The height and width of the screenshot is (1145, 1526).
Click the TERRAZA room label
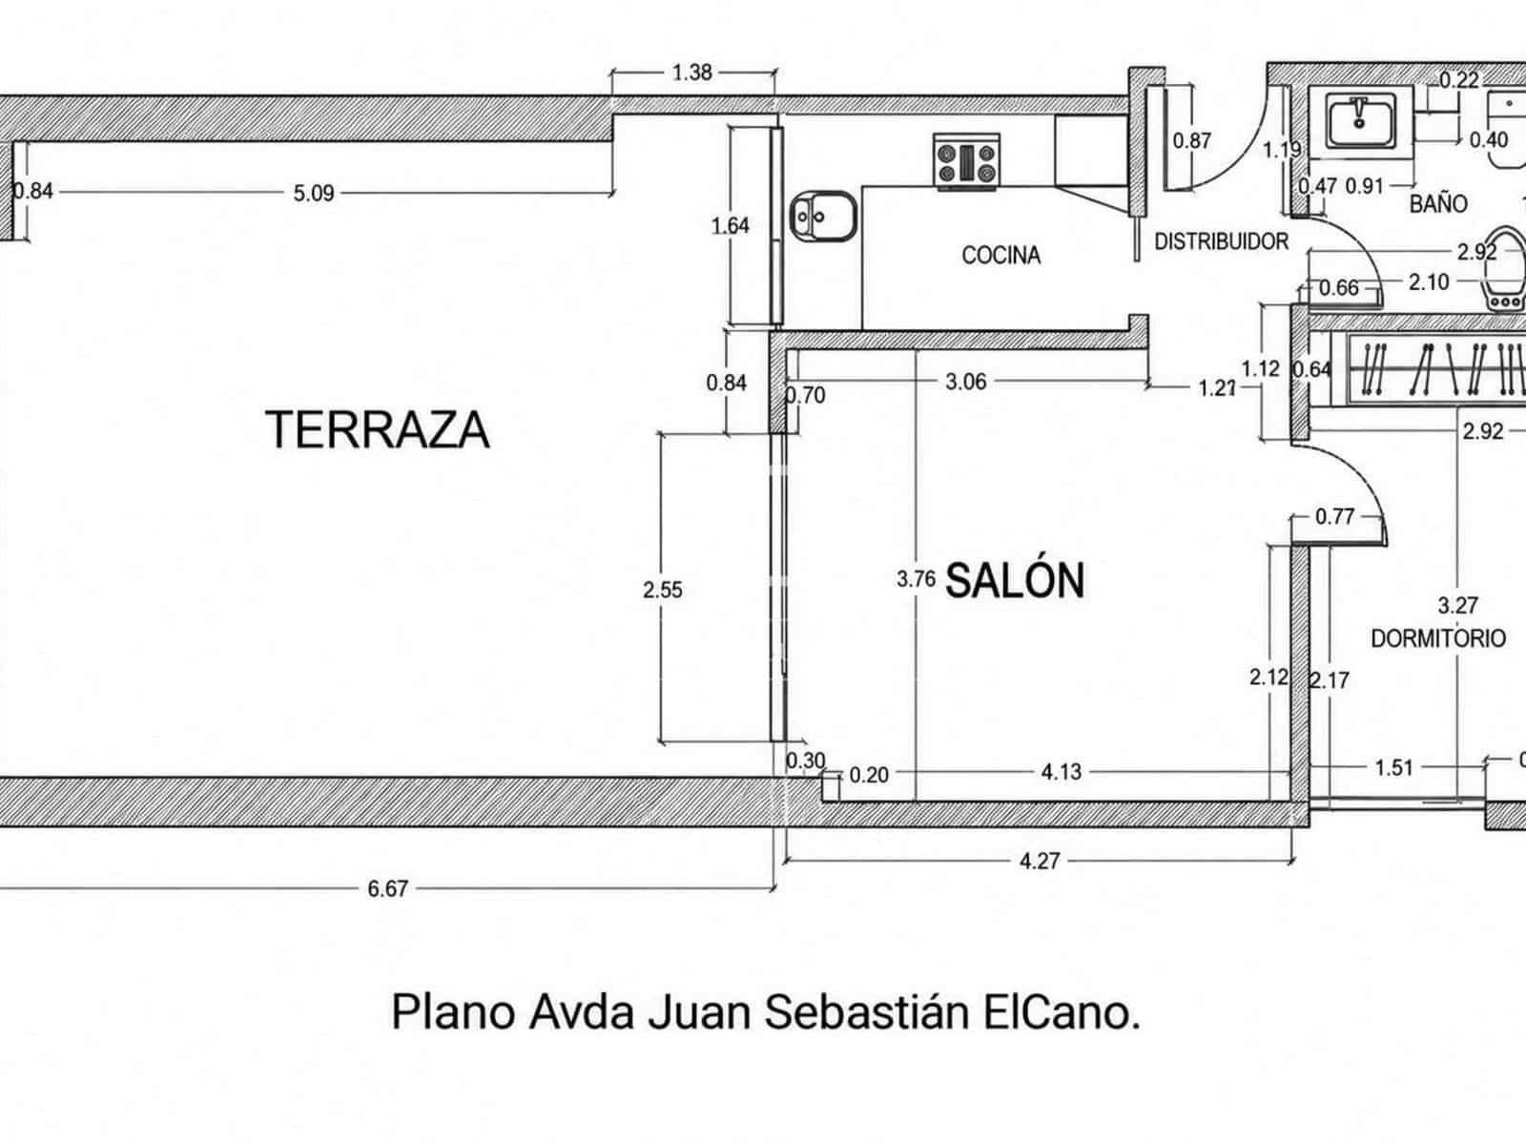pyautogui.click(x=378, y=429)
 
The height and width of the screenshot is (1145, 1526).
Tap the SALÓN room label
pyautogui.click(x=1015, y=580)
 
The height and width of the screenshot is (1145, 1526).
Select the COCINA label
pyautogui.click(x=1001, y=255)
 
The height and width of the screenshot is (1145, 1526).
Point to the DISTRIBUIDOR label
pyautogui.click(x=1222, y=241)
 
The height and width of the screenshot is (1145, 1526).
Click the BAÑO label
pyautogui.click(x=1438, y=203)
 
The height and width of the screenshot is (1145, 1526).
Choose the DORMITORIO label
pyautogui.click(x=1438, y=638)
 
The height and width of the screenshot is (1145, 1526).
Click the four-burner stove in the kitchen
pyautogui.click(x=966, y=162)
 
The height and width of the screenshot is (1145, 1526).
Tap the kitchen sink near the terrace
pyautogui.click(x=823, y=217)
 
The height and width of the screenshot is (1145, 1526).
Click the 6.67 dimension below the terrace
pyautogui.click(x=388, y=888)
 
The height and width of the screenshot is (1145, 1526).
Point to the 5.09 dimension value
pyautogui.click(x=314, y=193)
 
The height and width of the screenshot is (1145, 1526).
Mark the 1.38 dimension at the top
pyautogui.click(x=692, y=73)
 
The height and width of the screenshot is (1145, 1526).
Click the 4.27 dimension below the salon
pyautogui.click(x=1040, y=862)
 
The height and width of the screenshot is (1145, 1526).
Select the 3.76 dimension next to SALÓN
pyautogui.click(x=917, y=578)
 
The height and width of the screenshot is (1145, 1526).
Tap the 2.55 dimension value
pyautogui.click(x=663, y=590)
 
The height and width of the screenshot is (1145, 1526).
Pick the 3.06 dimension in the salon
pyautogui.click(x=965, y=381)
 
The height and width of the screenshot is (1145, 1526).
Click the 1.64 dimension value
pyautogui.click(x=730, y=225)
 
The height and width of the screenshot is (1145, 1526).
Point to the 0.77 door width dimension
pyautogui.click(x=1335, y=516)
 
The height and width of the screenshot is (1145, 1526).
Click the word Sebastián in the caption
pyautogui.click(x=867, y=1012)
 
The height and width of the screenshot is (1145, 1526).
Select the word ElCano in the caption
pyautogui.click(x=1061, y=1012)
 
